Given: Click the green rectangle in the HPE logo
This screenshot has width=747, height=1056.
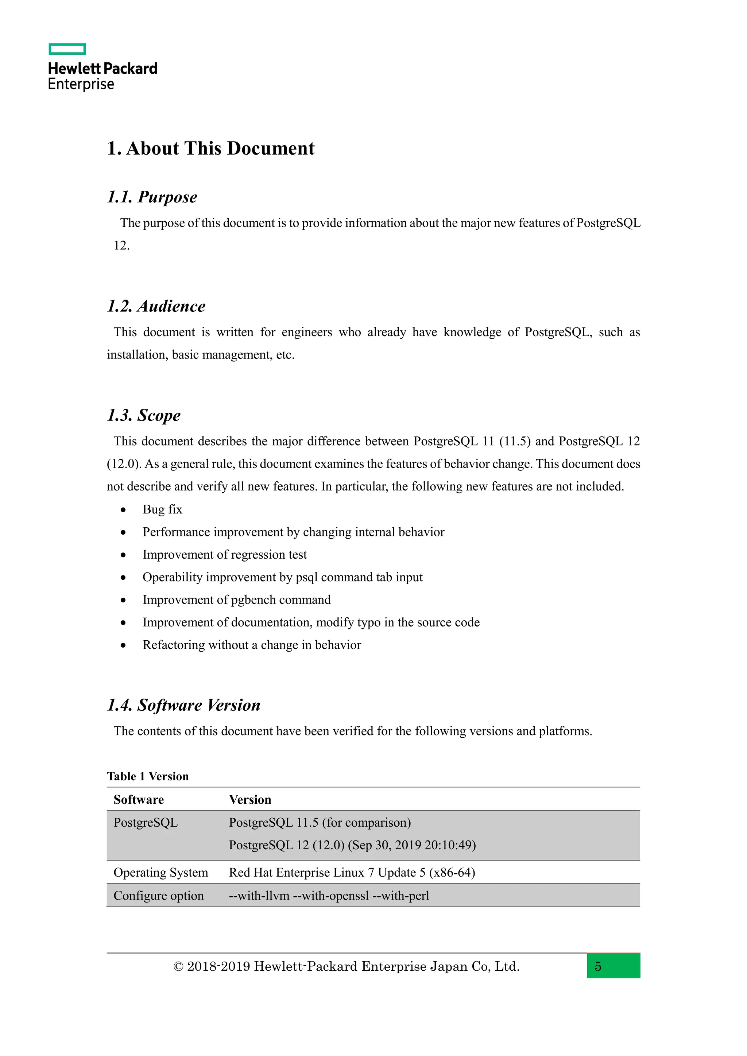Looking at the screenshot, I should coord(67,49).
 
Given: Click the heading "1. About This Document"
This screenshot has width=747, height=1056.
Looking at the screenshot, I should coord(211,148).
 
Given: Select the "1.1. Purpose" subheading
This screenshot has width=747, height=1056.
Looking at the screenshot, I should coord(152,197).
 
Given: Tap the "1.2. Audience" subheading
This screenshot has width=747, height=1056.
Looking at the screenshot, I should coord(156,306).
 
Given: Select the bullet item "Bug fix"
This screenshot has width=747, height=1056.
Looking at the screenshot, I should coord(162,510).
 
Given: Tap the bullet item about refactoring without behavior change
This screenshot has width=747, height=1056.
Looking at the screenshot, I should coord(252,645).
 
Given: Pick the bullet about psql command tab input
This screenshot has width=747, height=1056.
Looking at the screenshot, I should coord(282,577).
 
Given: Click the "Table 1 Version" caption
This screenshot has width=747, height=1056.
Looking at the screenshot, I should coord(148,776).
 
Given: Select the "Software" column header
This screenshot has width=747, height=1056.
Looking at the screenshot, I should coord(139,800).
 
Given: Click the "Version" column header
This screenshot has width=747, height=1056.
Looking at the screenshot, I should coord(250,800).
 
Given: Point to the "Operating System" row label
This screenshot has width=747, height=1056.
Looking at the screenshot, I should coord(160,873).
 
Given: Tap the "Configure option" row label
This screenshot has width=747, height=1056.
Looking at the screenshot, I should coord(158,896).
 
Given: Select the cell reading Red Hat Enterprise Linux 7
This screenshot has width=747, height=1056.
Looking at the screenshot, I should coord(352,873).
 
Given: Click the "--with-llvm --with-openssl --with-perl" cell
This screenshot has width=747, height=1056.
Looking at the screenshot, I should coord(329,896).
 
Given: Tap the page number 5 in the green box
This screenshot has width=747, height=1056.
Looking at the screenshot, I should coord(598,966).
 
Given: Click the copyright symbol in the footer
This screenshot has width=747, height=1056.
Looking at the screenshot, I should coord(178,967).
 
